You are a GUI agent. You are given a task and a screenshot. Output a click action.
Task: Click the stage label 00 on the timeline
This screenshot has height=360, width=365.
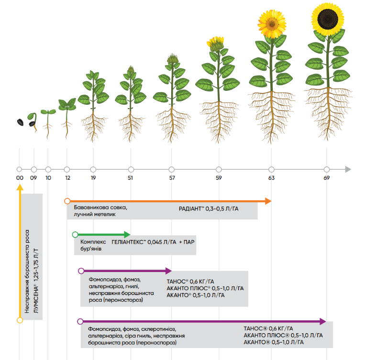pos(20,178)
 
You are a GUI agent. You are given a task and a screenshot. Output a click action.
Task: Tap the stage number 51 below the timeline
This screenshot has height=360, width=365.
pos(130,178)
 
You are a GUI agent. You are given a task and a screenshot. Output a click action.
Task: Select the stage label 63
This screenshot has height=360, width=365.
pos(271,178)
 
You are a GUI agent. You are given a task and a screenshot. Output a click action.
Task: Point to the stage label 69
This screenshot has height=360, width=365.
pos(327,178)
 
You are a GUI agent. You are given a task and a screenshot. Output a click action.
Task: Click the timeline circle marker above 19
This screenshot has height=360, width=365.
pos(93,169)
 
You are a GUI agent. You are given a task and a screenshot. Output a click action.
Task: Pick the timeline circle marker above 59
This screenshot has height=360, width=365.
pos(219,169)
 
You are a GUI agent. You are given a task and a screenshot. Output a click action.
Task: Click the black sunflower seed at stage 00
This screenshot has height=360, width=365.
pos(20,122)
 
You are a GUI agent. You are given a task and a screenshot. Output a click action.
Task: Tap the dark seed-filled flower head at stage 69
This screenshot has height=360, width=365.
pos(328,19)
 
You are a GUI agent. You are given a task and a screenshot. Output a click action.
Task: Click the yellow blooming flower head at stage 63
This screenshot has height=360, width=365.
pos(272,24)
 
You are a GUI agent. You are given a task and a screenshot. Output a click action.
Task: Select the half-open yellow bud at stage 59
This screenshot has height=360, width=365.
pos(216,44)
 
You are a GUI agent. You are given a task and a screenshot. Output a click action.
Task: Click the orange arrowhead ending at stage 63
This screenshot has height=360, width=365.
pos(268,201)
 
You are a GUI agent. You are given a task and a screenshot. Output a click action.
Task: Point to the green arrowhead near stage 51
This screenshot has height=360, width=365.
pos(127,234)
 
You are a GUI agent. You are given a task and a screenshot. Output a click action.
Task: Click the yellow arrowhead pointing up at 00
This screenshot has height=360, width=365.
pos(20,187)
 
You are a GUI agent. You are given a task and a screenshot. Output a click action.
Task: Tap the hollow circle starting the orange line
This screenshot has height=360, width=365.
pos(67,201)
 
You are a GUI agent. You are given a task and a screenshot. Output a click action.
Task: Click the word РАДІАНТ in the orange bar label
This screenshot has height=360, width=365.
pos(190,209)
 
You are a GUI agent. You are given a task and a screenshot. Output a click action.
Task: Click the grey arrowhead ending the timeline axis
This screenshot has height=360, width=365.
pos(348,169)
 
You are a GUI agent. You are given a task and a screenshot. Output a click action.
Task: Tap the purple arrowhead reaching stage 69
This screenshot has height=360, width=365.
pos(323,321)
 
